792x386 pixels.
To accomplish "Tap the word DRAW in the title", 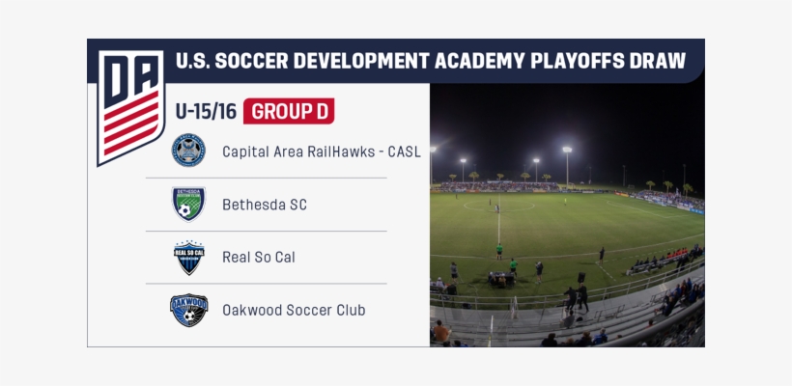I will pyautogui.click(x=660, y=62).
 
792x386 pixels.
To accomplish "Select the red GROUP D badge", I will pyautogui.click(x=289, y=111).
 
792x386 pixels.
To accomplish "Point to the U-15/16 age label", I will pyautogui.click(x=206, y=111).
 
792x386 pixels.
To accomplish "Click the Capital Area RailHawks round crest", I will pyautogui.click(x=188, y=151).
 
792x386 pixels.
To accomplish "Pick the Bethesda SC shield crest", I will pyautogui.click(x=188, y=204).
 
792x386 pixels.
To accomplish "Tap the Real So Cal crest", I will pyautogui.click(x=188, y=258).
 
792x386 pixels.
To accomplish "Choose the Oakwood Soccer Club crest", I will pyautogui.click(x=188, y=310).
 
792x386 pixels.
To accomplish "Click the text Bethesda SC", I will pyautogui.click(x=265, y=205).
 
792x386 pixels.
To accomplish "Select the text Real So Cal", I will pyautogui.click(x=259, y=258).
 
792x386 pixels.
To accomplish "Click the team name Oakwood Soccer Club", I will pyautogui.click(x=294, y=310).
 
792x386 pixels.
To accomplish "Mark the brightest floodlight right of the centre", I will pyautogui.click(x=567, y=150).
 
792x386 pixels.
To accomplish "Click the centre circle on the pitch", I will pyautogui.click(x=498, y=206).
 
